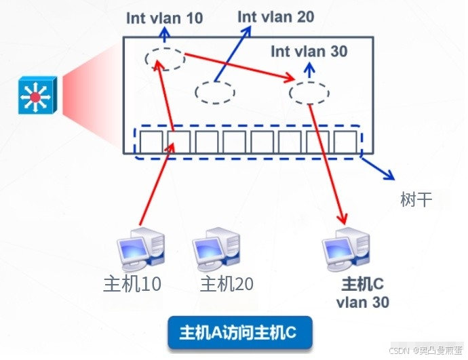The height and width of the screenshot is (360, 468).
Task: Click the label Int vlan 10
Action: click(x=164, y=18)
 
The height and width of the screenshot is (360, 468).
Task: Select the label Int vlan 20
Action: click(x=276, y=16)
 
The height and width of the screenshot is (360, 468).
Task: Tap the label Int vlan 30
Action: click(x=309, y=51)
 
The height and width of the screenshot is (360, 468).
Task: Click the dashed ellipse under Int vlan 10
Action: click(x=165, y=59)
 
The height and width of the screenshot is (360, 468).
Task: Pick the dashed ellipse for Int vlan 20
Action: click(x=215, y=92)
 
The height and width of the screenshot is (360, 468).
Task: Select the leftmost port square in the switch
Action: click(x=150, y=142)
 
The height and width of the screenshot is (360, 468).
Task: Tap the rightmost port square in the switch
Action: click(x=345, y=142)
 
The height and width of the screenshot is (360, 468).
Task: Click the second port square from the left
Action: click(x=178, y=142)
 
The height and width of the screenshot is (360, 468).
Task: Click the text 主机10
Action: click(x=133, y=283)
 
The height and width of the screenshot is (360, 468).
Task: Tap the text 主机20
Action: click(x=227, y=283)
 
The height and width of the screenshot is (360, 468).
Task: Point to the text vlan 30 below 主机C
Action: click(x=363, y=302)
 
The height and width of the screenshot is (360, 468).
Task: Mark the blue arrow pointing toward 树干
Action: click(x=378, y=167)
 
